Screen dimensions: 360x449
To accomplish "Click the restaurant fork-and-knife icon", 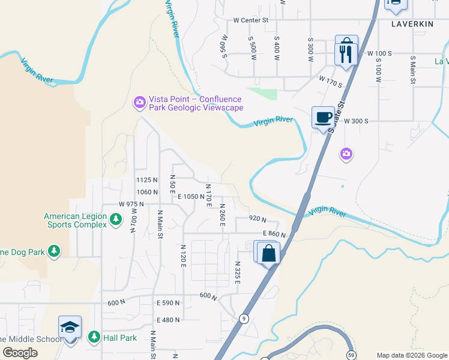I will click(x=346, y=54).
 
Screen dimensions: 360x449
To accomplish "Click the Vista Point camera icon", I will click(x=139, y=103).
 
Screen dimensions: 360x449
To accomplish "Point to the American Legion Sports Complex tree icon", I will click(x=116, y=220).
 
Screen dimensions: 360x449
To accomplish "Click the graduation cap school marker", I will click(x=70, y=327).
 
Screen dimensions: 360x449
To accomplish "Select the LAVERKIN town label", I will click(x=412, y=25).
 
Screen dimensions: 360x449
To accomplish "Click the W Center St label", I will click(x=250, y=20).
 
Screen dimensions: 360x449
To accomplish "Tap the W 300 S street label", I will click(x=355, y=121).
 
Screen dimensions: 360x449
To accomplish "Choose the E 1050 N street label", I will click(x=191, y=196).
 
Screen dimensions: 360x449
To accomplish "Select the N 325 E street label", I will click(x=237, y=273).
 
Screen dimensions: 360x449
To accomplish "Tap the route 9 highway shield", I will click(x=244, y=318).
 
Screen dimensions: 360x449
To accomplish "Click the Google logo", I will click(x=20, y=353).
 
